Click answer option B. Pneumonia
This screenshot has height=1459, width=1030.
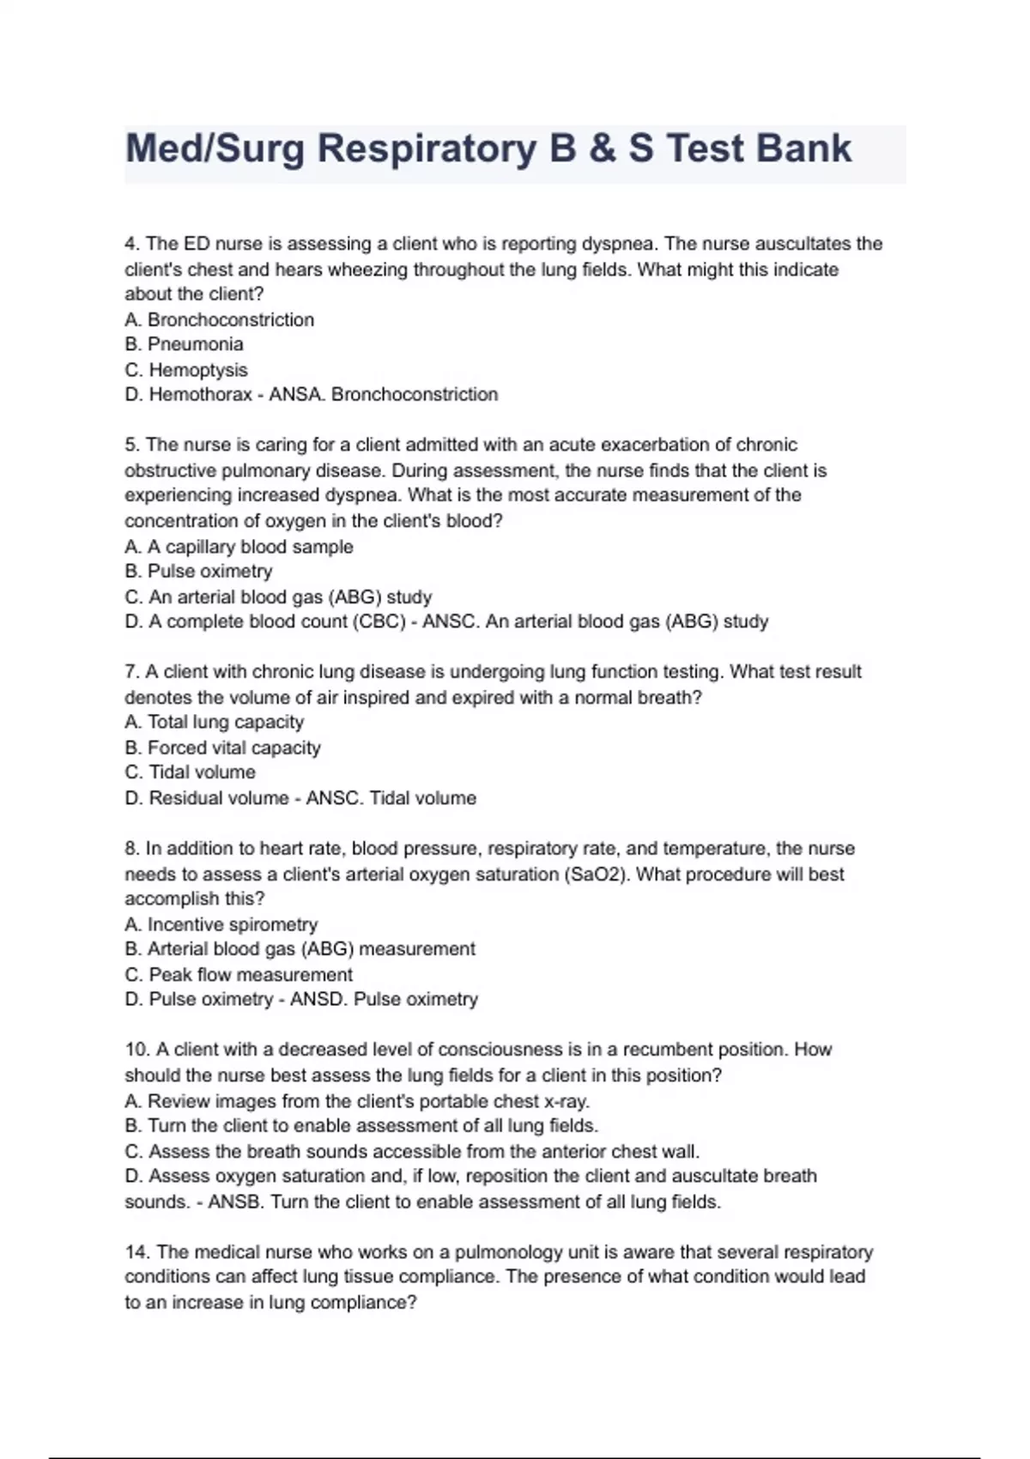185,344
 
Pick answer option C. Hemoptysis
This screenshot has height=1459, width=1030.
186,370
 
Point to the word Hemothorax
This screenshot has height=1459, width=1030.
200,395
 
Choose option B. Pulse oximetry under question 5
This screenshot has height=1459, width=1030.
198,572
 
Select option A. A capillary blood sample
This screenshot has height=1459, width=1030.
239,547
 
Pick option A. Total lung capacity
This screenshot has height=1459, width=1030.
214,723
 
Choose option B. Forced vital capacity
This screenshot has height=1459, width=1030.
222,748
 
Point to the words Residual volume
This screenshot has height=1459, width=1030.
218,798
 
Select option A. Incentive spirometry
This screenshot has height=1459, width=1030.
221,924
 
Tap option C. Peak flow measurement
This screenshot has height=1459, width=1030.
239,975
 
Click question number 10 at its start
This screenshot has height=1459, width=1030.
136,1050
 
